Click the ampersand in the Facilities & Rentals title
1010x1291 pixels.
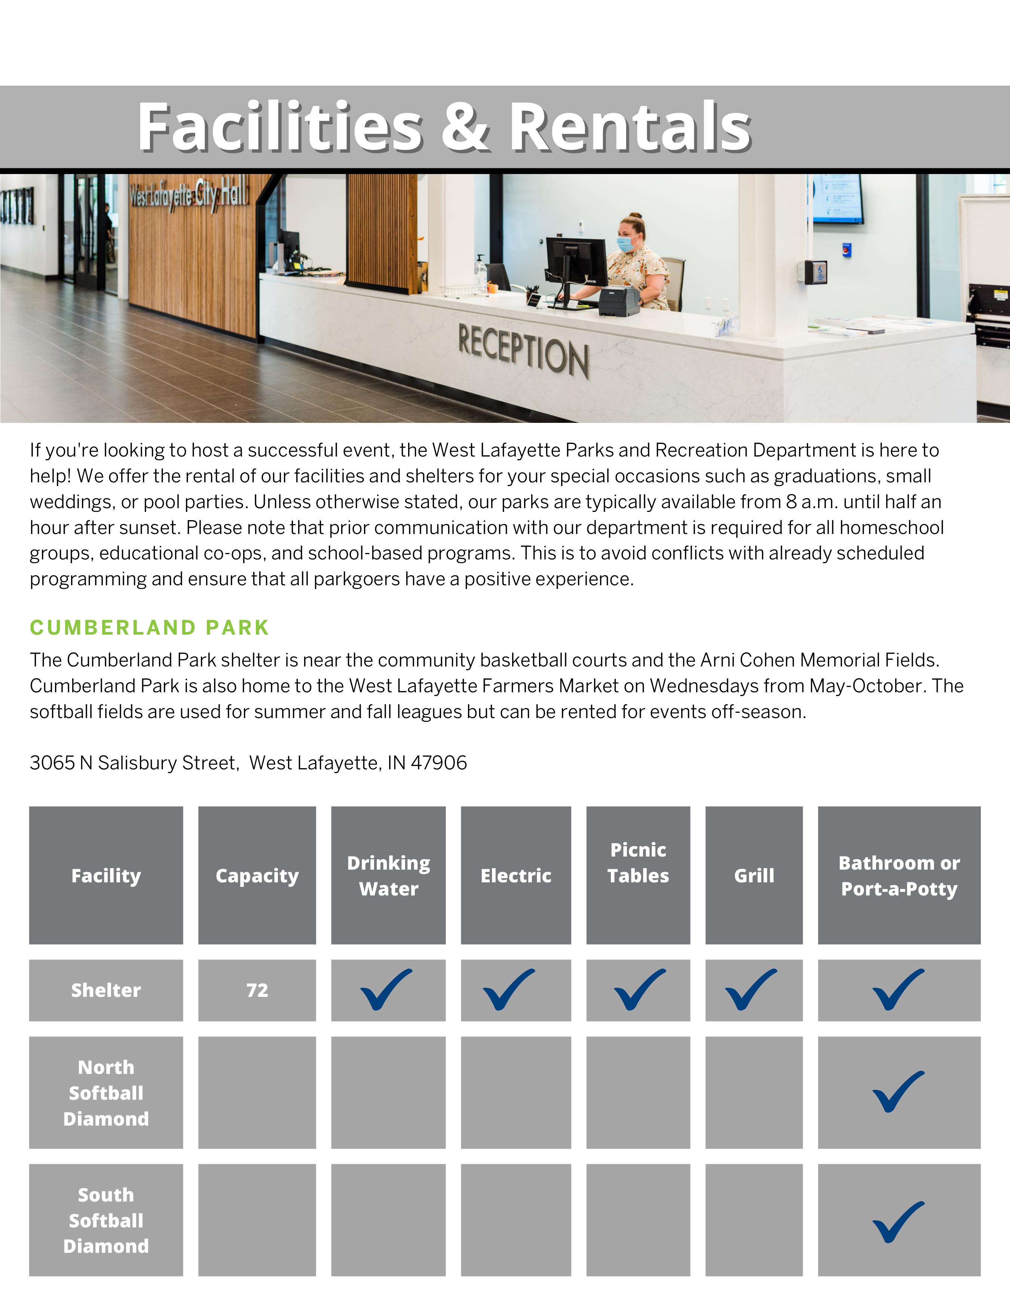tap(465, 126)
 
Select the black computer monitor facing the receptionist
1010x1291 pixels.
tap(575, 262)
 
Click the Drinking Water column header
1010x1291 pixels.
tap(389, 875)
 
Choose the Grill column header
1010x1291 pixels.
tap(754, 875)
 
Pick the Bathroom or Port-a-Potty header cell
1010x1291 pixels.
tap(899, 875)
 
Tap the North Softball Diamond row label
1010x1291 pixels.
tap(106, 1093)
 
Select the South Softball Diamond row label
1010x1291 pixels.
tap(106, 1220)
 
